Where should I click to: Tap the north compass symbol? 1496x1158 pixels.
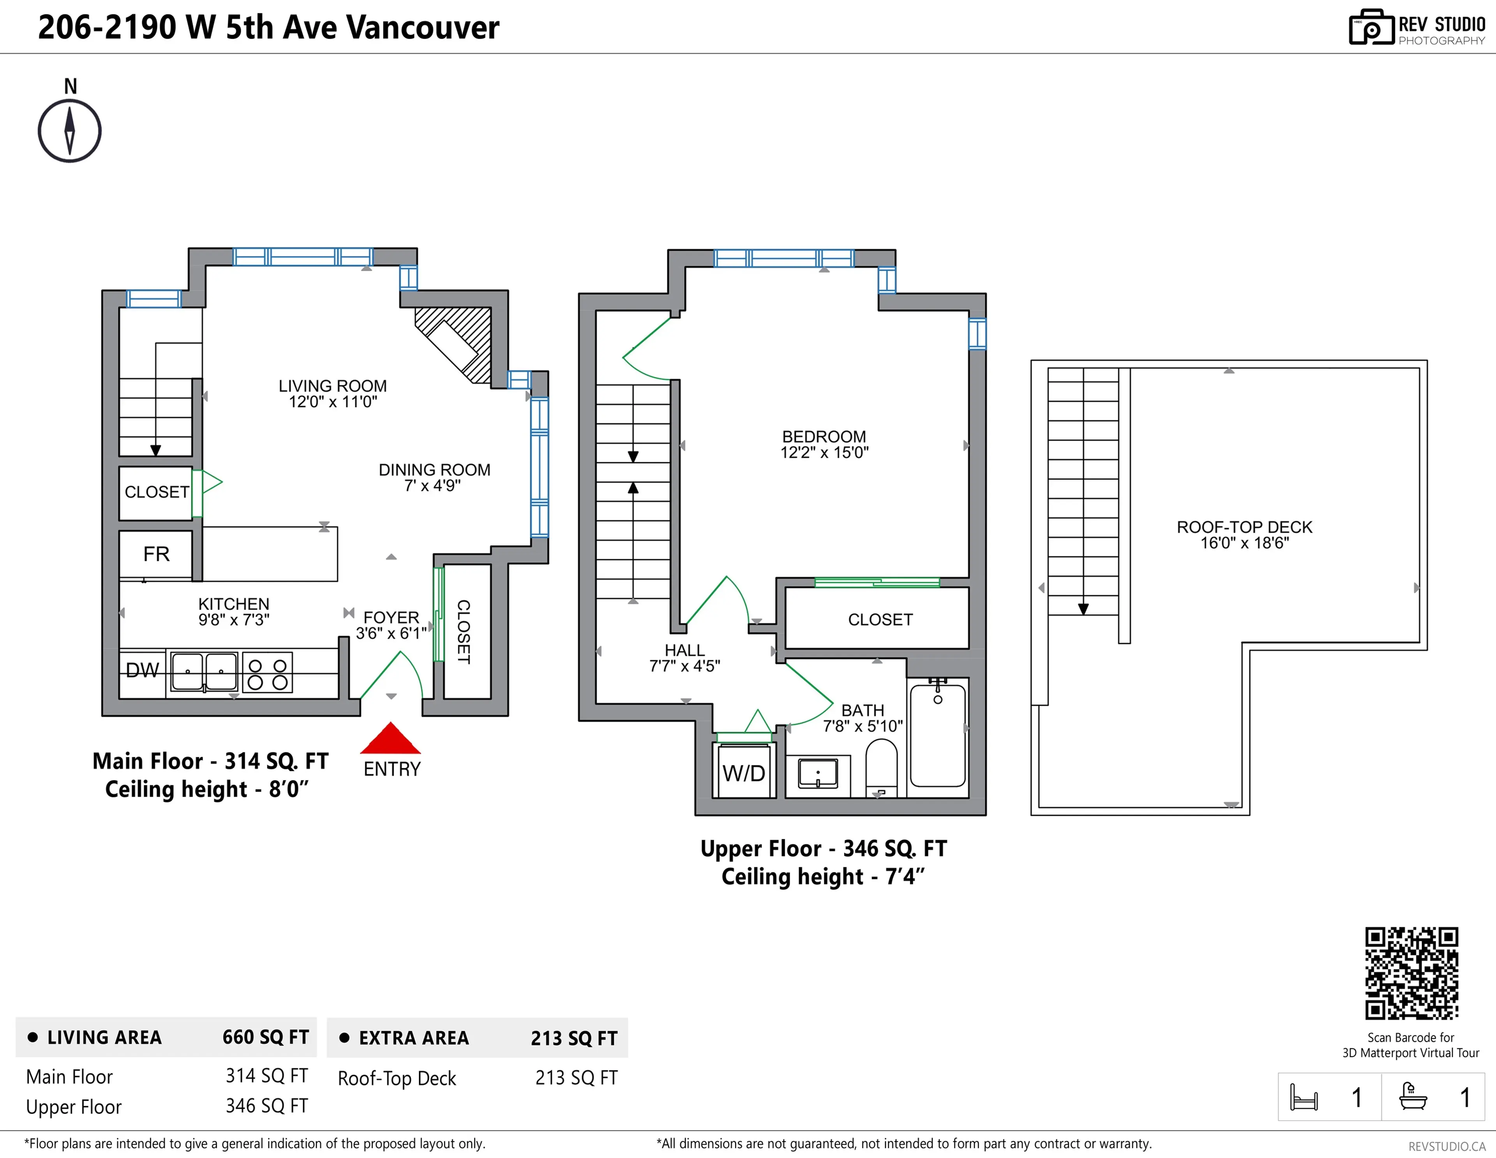tap(69, 130)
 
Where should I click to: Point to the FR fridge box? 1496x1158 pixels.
tap(156, 553)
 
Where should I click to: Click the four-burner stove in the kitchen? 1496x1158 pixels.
tap(268, 674)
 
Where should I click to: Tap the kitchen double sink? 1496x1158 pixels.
tap(204, 672)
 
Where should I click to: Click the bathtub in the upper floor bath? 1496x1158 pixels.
tap(938, 736)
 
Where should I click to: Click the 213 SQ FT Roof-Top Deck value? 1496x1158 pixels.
tap(576, 1078)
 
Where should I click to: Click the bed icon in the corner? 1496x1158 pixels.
tap(1304, 1097)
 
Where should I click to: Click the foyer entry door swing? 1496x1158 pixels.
tap(394, 675)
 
